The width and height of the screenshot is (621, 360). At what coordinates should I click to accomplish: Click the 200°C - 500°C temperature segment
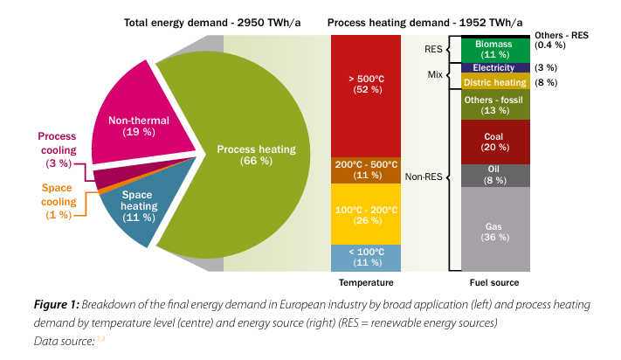click(x=365, y=170)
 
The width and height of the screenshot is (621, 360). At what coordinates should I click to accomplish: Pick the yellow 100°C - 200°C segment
click(x=365, y=214)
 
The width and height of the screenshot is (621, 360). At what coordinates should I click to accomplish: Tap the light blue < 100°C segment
click(x=365, y=258)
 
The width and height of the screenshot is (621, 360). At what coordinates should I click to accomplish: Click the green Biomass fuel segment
click(x=494, y=48)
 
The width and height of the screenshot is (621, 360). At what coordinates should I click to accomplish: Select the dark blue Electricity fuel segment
click(x=494, y=67)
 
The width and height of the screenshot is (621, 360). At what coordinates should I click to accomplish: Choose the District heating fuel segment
click(x=494, y=82)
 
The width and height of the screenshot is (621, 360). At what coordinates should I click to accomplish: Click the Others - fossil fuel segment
click(x=494, y=105)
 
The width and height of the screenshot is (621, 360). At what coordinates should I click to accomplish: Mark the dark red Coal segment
click(x=494, y=142)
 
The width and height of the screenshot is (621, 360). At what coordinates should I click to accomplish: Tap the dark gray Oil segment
click(x=494, y=176)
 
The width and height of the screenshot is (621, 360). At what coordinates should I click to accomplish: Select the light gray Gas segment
click(x=494, y=230)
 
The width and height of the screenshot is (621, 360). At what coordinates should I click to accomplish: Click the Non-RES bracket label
click(x=423, y=177)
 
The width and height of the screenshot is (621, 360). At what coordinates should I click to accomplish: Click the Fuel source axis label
click(x=493, y=283)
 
